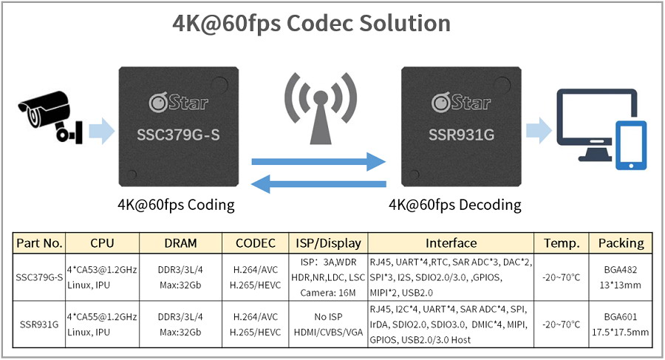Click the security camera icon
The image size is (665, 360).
pyautogui.click(x=50, y=116)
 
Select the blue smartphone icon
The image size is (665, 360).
pyautogui.click(x=631, y=146)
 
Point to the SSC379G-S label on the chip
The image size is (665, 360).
pyautogui.click(x=178, y=135)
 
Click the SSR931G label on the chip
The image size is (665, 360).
pyautogui.click(x=461, y=135)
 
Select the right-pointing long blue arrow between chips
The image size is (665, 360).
pyautogui.click(x=318, y=162)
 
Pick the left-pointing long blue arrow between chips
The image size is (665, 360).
pyautogui.click(x=318, y=184)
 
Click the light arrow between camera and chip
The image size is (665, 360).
pyautogui.click(x=102, y=131)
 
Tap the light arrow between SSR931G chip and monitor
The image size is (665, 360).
pyautogui.click(x=539, y=131)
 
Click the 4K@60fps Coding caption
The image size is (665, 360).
pyautogui.click(x=176, y=205)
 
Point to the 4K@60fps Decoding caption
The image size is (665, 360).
pyautogui.click(x=455, y=205)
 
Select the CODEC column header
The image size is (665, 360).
pyautogui.click(x=256, y=243)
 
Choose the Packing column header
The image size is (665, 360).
pyautogui.click(x=621, y=243)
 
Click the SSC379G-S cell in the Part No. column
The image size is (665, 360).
pyautogui.click(x=39, y=278)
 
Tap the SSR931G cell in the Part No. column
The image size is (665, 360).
pyautogui.click(x=39, y=325)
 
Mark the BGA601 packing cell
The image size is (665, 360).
pyautogui.click(x=621, y=317)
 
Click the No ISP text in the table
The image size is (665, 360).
pyautogui.click(x=328, y=317)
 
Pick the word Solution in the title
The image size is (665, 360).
pyautogui.click(x=405, y=23)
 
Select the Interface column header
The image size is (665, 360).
pyautogui.click(x=451, y=243)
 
